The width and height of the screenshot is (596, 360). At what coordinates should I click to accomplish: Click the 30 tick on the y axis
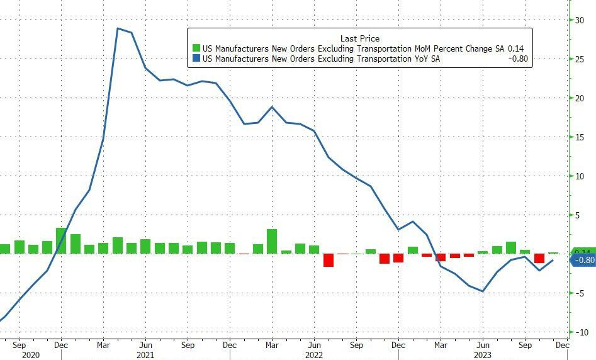[x=579, y=20]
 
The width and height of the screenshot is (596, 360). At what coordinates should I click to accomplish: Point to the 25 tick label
[x=579, y=59]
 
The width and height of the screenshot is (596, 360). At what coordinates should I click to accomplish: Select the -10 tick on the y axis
[x=579, y=332]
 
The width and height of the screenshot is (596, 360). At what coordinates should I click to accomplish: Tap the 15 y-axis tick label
[x=579, y=137]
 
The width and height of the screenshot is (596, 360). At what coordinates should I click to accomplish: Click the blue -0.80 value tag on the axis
[x=583, y=261]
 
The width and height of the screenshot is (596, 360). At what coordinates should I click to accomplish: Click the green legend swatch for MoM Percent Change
[x=196, y=48]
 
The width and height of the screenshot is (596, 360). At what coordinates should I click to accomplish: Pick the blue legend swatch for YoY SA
[x=196, y=60]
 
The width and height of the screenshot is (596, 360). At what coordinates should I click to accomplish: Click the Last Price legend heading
[x=359, y=38]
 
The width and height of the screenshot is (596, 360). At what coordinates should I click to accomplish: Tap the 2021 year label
[x=145, y=354]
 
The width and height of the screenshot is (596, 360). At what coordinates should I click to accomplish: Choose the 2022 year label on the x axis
[x=314, y=354]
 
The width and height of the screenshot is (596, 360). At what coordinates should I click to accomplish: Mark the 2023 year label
[x=483, y=354]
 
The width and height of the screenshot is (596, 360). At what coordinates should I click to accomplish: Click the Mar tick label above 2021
[x=103, y=344]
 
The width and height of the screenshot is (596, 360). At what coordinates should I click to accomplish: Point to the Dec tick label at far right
[x=562, y=344]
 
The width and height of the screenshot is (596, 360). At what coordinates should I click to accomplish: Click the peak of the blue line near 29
[x=118, y=28]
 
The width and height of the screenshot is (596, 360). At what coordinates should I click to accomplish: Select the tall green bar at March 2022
[x=272, y=241]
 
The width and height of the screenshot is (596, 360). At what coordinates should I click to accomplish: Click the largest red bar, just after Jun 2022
[x=328, y=260]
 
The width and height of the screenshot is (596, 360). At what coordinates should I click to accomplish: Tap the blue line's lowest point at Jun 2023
[x=483, y=291]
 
